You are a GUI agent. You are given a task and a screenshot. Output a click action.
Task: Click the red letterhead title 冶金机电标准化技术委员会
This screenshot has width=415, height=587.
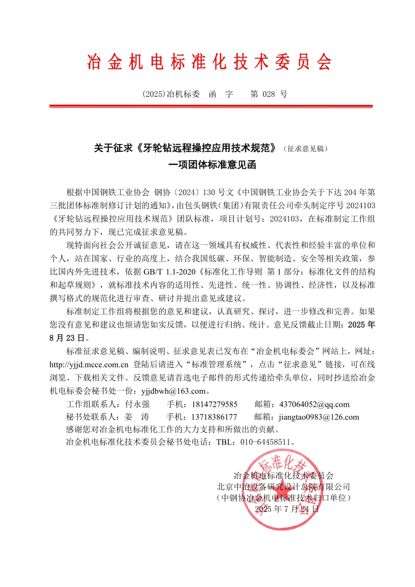click(209, 62)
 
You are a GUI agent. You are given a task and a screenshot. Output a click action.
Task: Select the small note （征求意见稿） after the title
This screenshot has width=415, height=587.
click(305, 149)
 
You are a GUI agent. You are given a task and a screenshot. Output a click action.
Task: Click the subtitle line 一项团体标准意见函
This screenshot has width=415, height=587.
click(208, 164)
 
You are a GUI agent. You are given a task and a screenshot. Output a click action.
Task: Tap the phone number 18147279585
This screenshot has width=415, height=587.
click(213, 404)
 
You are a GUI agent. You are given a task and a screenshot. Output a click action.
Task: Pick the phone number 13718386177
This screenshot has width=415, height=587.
click(213, 417)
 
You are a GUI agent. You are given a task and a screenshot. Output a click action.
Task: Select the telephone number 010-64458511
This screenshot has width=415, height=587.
click(265, 442)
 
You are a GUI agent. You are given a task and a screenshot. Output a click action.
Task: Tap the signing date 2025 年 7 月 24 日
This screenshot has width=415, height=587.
click(287, 509)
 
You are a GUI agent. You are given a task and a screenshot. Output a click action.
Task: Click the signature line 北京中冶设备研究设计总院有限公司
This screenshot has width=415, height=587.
click(284, 486)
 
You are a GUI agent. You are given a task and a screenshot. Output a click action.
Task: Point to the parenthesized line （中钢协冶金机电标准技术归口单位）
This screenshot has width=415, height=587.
click(284, 498)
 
